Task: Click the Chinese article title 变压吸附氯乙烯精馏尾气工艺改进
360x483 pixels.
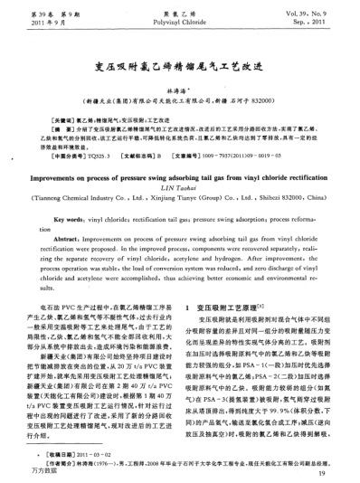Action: pos(179,65)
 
